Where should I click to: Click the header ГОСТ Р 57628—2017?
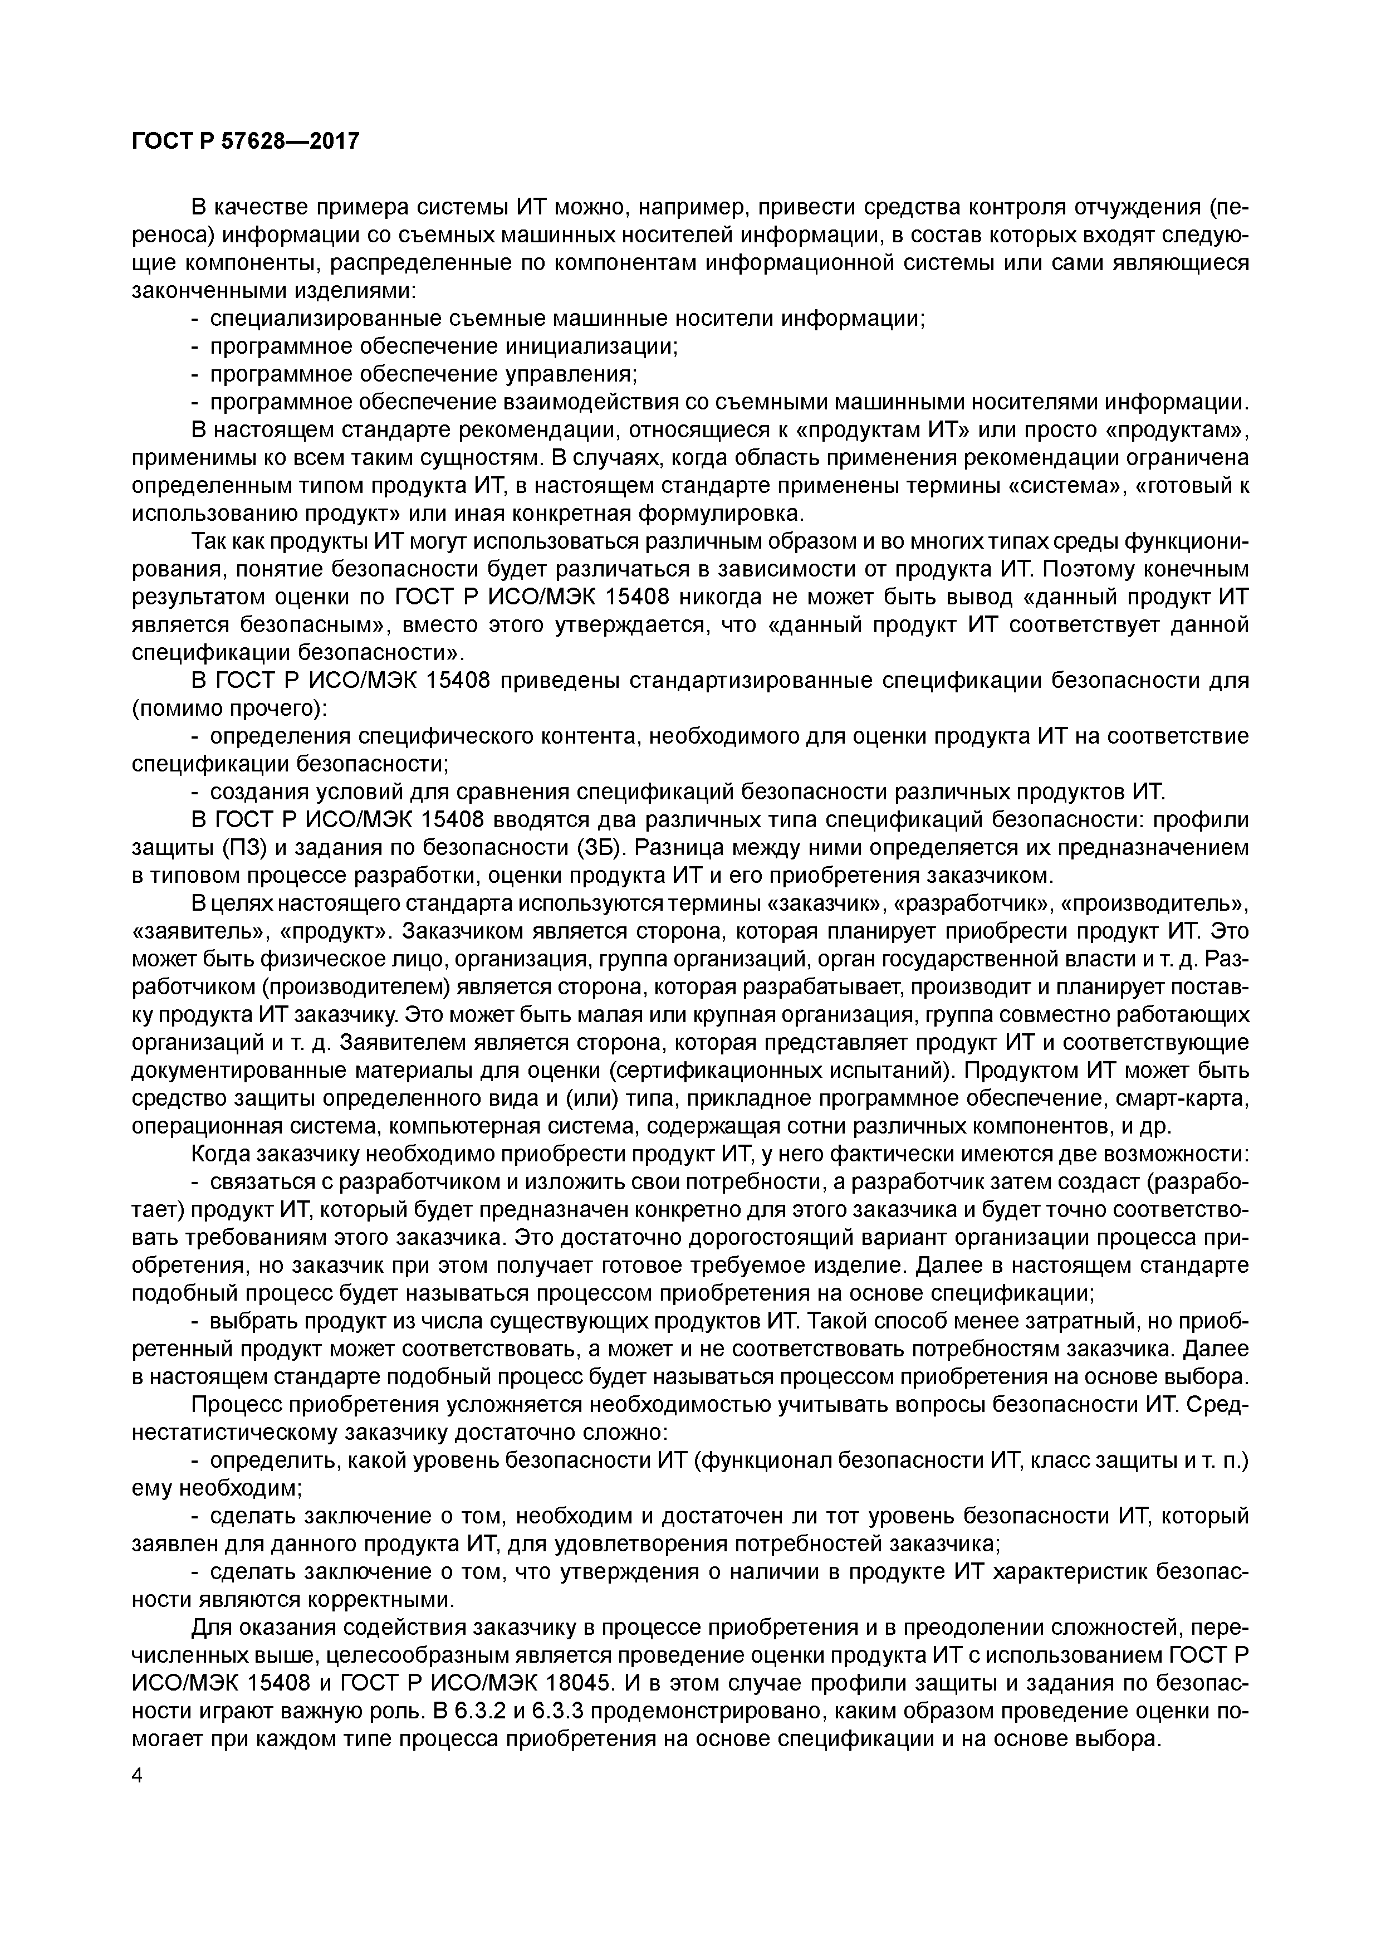tap(246, 140)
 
